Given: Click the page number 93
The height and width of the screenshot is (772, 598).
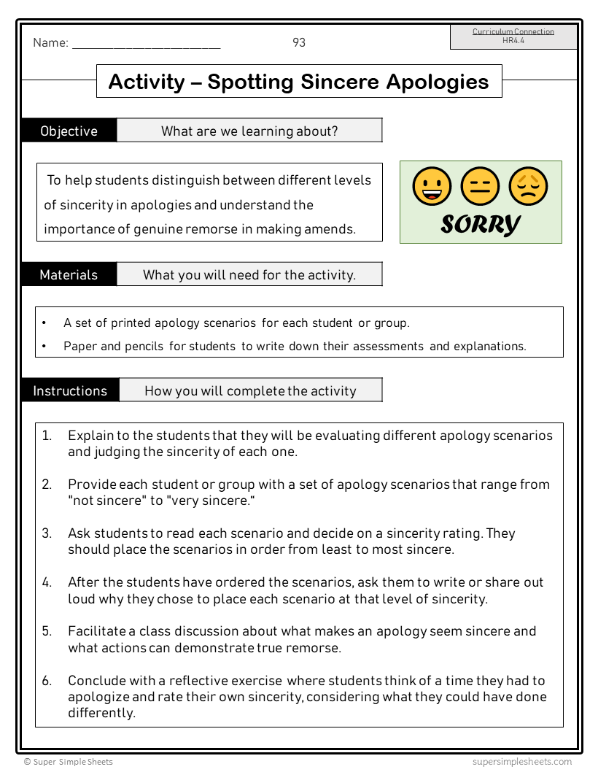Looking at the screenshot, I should tap(299, 43).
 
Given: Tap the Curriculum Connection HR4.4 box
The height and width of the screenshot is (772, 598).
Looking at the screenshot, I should tap(513, 36).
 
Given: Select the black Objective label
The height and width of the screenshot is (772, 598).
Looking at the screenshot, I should tap(69, 131).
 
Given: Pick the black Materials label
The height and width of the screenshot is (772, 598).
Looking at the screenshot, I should tap(69, 275).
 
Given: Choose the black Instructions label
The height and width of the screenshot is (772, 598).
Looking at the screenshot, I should tap(70, 390).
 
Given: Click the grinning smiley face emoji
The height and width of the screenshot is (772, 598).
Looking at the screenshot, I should tap(432, 186).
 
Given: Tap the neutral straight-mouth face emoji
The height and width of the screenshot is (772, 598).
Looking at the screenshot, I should tap(480, 186).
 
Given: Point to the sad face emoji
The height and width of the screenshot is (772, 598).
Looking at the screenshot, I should tap(528, 186).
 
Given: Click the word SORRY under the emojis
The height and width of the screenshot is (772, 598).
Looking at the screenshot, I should tap(481, 224).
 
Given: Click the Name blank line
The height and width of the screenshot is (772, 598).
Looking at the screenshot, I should tap(146, 45).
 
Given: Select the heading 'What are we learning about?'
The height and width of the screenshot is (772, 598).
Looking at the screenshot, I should tap(249, 131).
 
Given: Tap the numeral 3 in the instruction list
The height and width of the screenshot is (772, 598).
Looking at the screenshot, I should tap(46, 533).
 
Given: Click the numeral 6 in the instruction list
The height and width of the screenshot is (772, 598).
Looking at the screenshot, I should tap(46, 681).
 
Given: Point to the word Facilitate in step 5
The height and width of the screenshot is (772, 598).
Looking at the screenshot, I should tap(96, 631).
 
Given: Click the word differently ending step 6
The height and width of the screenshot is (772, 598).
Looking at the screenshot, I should tap(101, 713).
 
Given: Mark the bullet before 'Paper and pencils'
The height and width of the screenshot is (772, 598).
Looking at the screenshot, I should tap(44, 347).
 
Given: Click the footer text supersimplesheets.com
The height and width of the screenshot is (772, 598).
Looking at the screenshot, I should tap(521, 762).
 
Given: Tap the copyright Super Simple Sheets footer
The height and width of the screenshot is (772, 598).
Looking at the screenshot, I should tap(69, 762).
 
